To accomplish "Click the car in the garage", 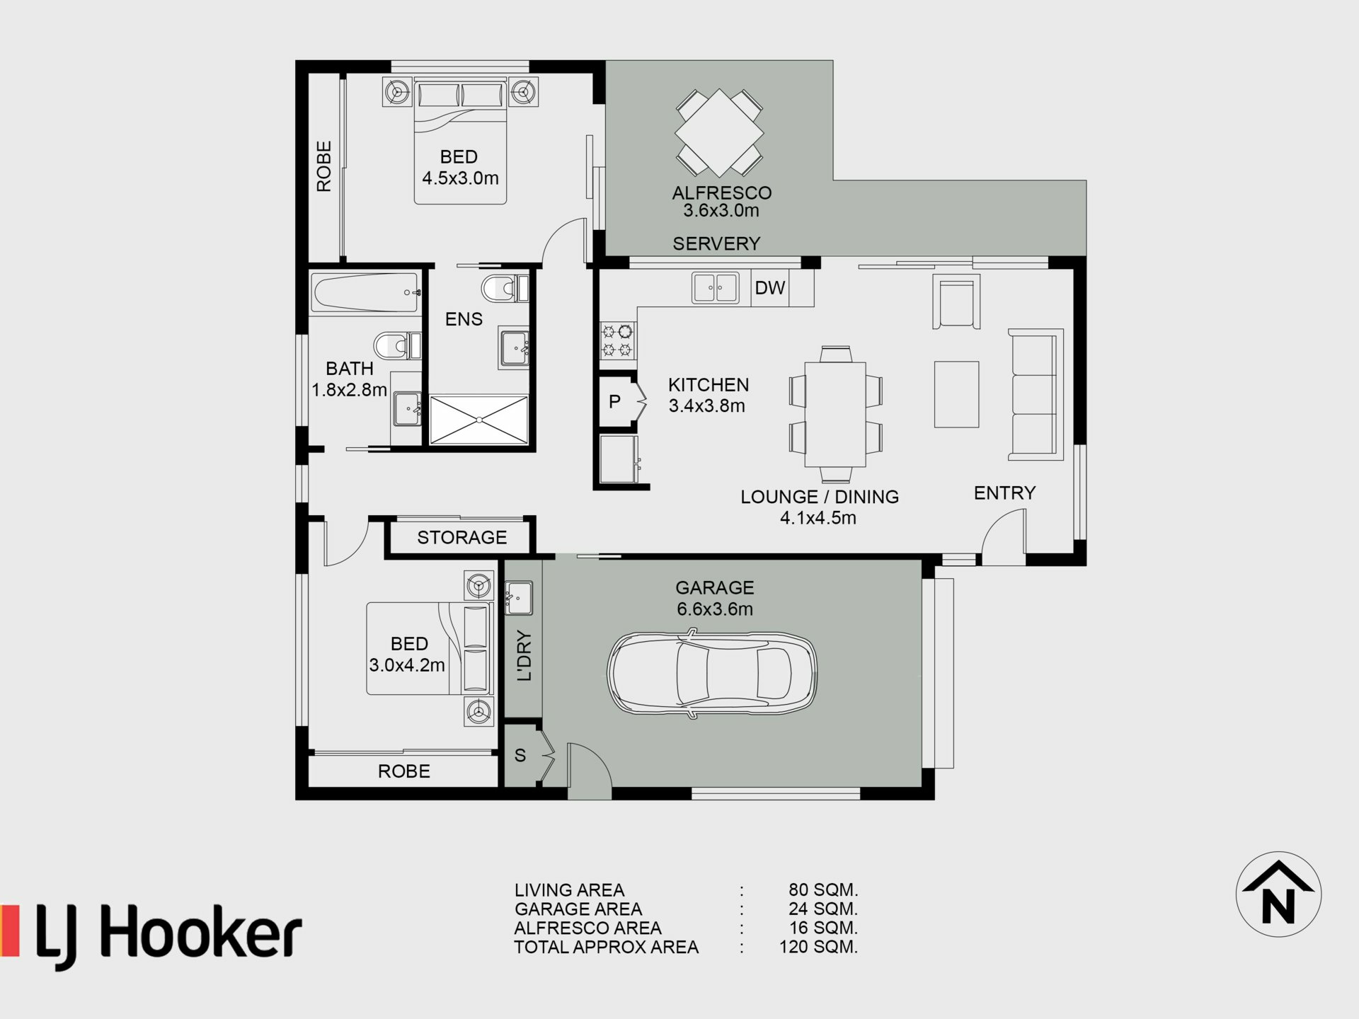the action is coord(712,675).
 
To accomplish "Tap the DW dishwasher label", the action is coord(769,288).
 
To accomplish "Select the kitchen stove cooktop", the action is coord(618,340).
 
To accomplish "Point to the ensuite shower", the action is coord(479,420).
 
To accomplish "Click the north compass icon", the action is coord(1278,894).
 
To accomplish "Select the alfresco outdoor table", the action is coord(719,132).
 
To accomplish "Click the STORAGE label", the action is coord(461,538).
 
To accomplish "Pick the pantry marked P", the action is coord(619,402).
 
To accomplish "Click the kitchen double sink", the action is coord(716,288).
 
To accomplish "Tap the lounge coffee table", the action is coord(956,394).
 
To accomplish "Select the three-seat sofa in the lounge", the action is coord(1036,394).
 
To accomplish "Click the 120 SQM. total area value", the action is coord(818,947).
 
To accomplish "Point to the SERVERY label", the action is coord(716,243).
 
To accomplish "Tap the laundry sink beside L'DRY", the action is coord(519,598).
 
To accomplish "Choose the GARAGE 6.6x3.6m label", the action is coord(715,598).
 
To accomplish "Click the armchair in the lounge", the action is coord(956,302).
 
